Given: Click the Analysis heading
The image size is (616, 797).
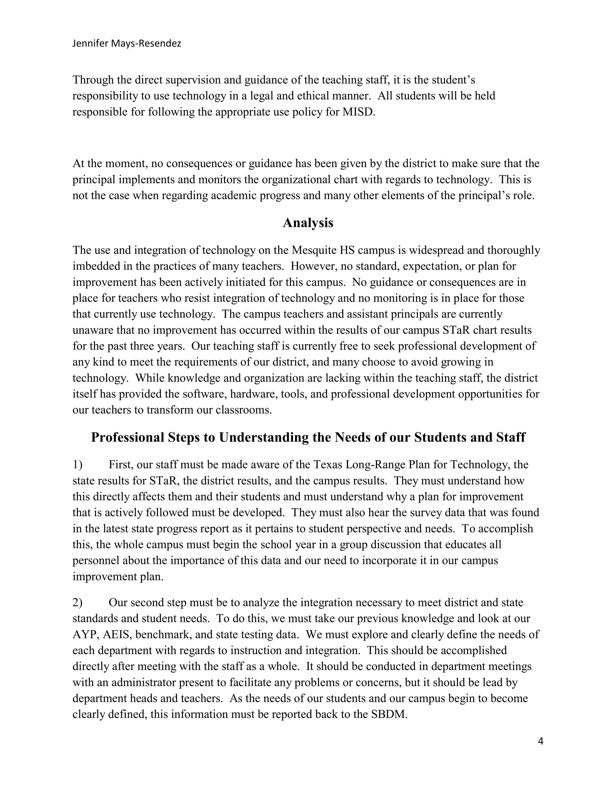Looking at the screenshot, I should (x=308, y=223).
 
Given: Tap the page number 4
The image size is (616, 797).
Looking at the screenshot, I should (x=541, y=741).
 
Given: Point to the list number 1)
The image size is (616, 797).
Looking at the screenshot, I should (x=77, y=465).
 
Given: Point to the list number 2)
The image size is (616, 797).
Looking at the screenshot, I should (x=77, y=602).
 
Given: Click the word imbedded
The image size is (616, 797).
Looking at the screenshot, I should (x=96, y=266).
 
